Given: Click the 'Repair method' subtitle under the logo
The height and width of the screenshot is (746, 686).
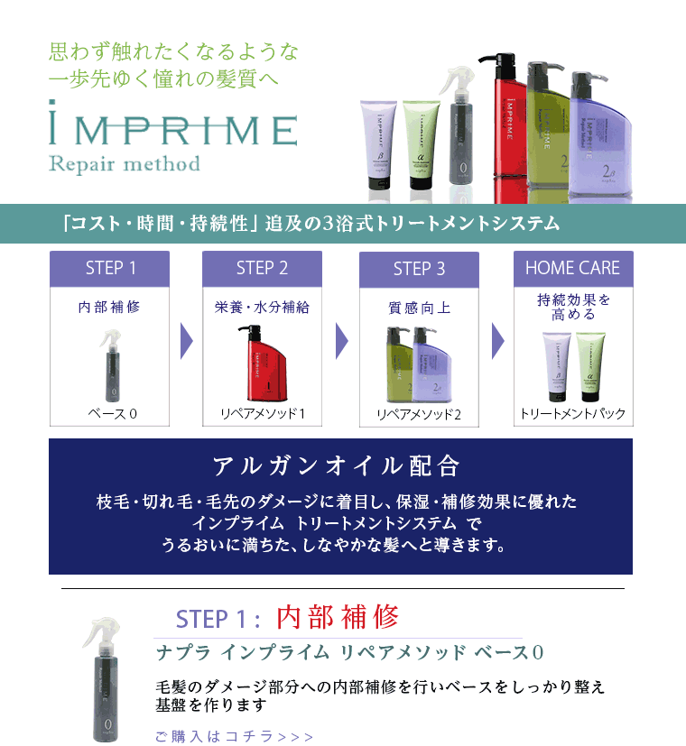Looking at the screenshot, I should pyautogui.click(x=124, y=164).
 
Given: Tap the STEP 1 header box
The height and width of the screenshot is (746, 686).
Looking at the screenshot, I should pyautogui.click(x=110, y=268).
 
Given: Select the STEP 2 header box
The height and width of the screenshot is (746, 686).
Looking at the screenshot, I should pyautogui.click(x=262, y=268).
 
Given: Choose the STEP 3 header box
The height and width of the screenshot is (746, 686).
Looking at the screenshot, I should pyautogui.click(x=419, y=269).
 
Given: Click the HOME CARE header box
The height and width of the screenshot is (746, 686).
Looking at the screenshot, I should pyautogui.click(x=572, y=268).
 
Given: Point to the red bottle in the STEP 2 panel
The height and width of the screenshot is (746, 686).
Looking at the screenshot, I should pyautogui.click(x=261, y=364).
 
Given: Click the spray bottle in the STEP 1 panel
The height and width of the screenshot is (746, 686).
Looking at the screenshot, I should pyautogui.click(x=113, y=364).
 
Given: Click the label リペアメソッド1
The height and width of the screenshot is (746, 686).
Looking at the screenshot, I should pyautogui.click(x=263, y=414).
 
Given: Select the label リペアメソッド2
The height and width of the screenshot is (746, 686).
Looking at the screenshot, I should pyautogui.click(x=419, y=415).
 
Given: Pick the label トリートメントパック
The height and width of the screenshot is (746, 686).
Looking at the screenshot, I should pyautogui.click(x=572, y=414).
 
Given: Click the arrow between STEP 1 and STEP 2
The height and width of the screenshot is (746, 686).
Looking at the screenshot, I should pyautogui.click(x=187, y=340).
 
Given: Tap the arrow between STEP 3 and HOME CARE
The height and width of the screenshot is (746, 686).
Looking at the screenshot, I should pyautogui.click(x=497, y=340).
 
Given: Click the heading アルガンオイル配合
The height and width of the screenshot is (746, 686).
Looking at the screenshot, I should pyautogui.click(x=337, y=466).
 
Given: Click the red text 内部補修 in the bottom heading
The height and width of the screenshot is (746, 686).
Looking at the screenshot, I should pyautogui.click(x=338, y=618).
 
